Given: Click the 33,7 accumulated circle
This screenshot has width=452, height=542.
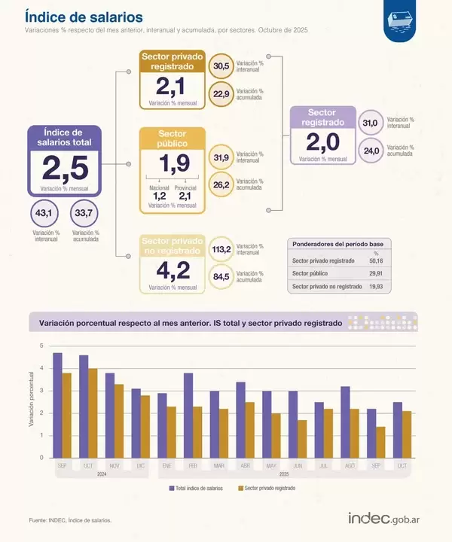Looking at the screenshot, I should (84, 215).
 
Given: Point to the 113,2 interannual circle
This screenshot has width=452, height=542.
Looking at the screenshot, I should (221, 250).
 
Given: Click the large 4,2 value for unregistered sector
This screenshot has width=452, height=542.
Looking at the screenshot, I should (173, 269).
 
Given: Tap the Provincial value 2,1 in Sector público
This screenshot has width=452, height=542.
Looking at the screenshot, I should (185, 196).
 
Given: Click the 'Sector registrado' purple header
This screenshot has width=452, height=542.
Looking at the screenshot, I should (322, 117).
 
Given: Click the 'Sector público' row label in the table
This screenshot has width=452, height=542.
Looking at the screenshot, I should (312, 273).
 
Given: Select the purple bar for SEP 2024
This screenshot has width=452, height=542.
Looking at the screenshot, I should (57, 405).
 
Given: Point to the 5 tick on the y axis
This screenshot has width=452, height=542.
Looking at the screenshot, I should (42, 346).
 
